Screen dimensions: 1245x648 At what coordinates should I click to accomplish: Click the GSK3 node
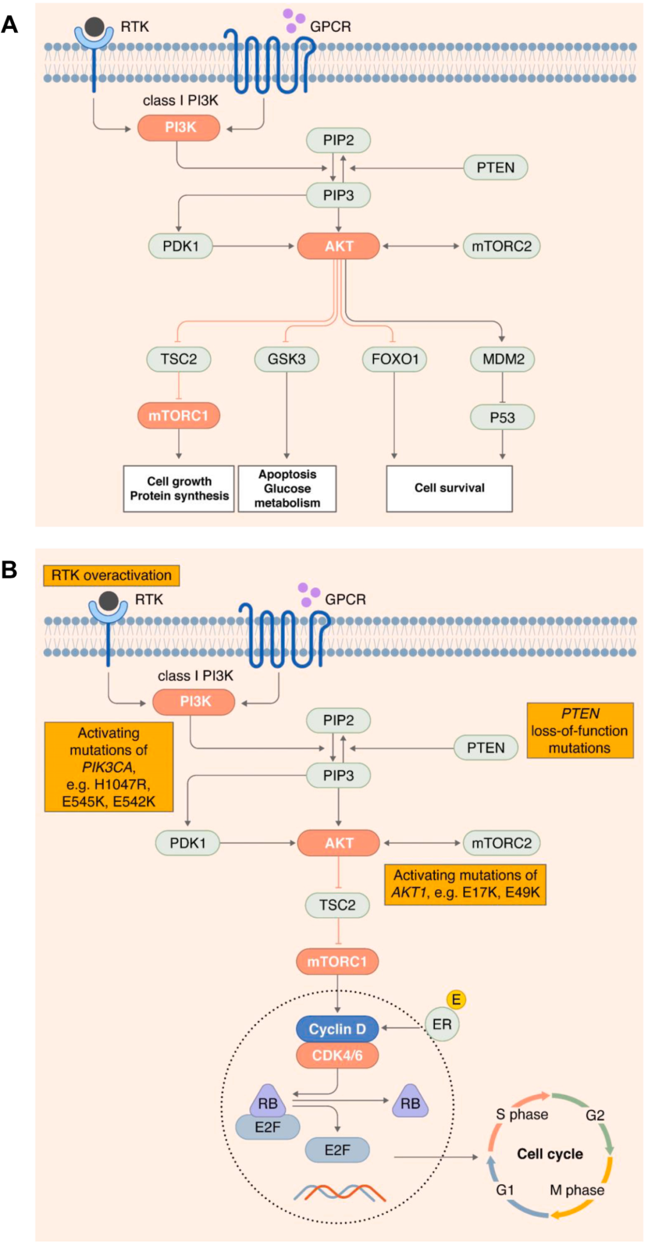click(x=286, y=359)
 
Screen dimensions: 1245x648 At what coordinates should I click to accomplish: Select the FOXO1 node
click(x=394, y=359)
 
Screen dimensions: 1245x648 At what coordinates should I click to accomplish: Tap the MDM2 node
click(x=503, y=359)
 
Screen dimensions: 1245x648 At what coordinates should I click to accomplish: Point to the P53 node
click(x=502, y=417)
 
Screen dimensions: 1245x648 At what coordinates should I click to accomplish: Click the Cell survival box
click(x=449, y=488)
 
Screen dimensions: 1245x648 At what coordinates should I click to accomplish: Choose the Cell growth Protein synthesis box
click(x=179, y=489)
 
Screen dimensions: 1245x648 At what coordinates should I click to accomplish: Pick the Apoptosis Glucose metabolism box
click(x=287, y=489)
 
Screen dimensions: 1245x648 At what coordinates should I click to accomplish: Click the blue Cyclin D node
click(x=337, y=1029)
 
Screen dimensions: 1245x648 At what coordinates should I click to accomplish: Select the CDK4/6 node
click(x=337, y=1055)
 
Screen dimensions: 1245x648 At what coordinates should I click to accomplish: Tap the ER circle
click(x=442, y=1024)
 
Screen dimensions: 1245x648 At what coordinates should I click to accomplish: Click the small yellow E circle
click(x=456, y=999)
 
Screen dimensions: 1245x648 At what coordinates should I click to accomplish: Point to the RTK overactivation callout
click(x=111, y=575)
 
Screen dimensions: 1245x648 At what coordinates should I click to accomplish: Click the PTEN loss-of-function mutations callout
click(x=580, y=731)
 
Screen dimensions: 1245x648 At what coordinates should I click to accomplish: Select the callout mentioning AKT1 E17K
click(x=465, y=884)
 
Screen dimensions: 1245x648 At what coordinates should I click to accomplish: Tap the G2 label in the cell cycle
click(x=595, y=1115)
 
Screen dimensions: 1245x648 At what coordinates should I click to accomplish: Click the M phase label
click(x=577, y=1190)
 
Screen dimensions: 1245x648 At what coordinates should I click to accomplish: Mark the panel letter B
click(x=10, y=569)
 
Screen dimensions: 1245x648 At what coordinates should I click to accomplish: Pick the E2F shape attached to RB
click(x=268, y=1127)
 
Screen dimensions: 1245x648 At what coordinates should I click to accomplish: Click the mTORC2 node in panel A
click(x=502, y=246)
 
